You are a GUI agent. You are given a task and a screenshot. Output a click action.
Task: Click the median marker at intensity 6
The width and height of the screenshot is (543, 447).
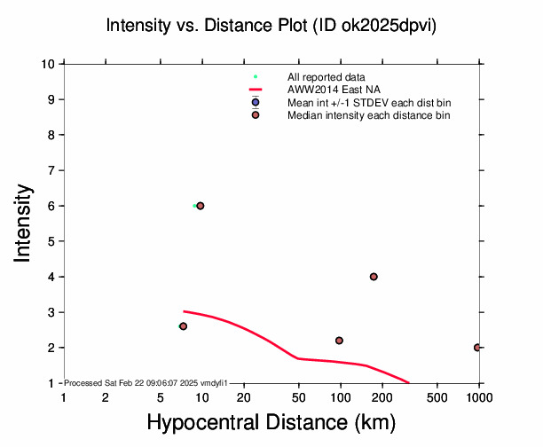[201, 206]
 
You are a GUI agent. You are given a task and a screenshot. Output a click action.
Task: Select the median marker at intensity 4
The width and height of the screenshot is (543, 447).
[374, 277]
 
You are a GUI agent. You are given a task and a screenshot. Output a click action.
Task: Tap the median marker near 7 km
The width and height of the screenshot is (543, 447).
[183, 326]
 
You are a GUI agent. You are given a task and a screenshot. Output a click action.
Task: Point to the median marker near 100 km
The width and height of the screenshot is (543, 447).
[339, 341]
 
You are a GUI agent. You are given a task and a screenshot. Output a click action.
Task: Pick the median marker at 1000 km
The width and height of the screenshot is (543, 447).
[477, 348]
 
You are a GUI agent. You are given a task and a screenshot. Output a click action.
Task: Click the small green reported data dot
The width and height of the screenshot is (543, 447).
[194, 206]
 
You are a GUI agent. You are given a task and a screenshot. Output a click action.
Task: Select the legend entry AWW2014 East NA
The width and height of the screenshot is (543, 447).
[323, 90]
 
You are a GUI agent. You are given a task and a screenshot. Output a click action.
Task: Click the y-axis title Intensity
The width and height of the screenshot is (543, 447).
[25, 223]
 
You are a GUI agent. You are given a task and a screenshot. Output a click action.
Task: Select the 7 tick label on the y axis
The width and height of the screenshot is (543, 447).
[54, 170]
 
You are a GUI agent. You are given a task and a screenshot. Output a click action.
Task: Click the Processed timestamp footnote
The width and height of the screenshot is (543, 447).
[146, 382]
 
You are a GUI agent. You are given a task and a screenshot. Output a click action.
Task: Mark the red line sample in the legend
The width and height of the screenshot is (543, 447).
[256, 90]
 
